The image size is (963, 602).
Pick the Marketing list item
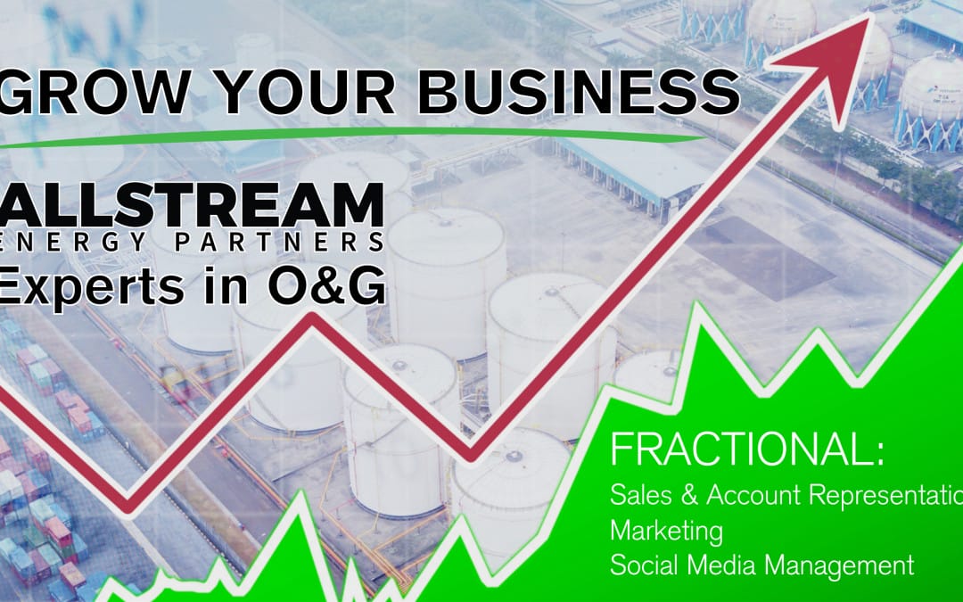(x=666, y=530)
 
